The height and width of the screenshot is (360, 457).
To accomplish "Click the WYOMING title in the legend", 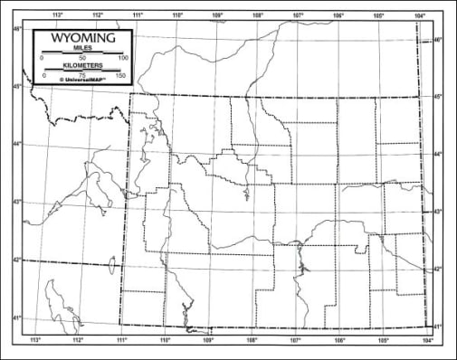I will point(82,40).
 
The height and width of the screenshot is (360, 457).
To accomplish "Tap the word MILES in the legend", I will point(82,50).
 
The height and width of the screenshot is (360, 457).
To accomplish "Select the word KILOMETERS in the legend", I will point(82,66).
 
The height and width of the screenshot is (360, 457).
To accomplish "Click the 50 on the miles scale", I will point(82,58).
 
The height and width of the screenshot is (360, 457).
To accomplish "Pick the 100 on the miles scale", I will point(123,58).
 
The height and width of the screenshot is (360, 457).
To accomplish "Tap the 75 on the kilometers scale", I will point(82,74).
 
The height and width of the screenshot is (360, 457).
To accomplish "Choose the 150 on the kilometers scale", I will point(121,74).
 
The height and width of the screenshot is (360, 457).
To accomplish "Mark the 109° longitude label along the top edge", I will point(217,15).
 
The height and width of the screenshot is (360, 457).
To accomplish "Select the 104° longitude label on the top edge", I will point(419,15).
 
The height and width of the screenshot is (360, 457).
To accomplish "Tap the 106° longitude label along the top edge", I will point(338,15).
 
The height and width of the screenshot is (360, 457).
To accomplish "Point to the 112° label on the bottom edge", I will point(78,340).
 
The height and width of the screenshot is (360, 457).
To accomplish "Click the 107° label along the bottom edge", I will point(295,340).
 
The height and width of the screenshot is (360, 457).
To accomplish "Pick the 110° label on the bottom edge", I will point(165,340).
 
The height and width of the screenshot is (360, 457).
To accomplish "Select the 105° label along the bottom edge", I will point(383,340).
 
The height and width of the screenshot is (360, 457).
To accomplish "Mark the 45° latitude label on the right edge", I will point(438,97).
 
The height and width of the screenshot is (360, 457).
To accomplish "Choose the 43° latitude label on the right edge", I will point(438,212).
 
